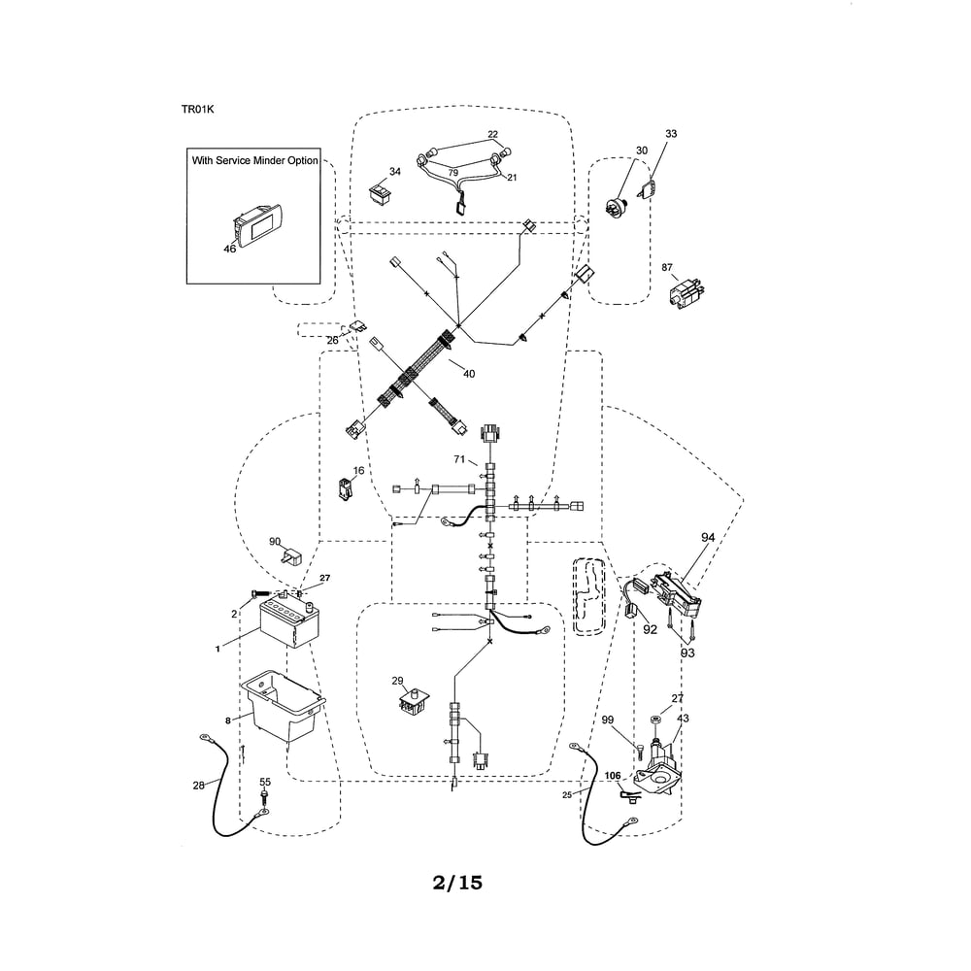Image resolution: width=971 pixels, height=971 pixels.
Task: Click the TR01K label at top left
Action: tap(197, 110)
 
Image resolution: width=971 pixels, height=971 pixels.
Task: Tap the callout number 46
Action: tap(230, 249)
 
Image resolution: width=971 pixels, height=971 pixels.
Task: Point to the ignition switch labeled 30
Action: tap(618, 204)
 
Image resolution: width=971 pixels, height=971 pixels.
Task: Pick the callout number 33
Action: tap(671, 134)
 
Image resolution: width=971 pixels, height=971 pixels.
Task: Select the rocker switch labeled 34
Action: tap(380, 192)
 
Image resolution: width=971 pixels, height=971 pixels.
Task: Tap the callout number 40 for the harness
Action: tap(469, 374)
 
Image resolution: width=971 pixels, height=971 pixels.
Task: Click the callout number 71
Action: tap(459, 459)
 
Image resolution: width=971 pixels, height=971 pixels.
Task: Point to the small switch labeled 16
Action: tap(345, 489)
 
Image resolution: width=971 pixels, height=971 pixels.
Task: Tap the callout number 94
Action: tap(708, 538)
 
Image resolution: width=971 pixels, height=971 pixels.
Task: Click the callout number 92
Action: tap(650, 629)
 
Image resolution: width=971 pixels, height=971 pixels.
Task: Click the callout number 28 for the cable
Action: tap(198, 786)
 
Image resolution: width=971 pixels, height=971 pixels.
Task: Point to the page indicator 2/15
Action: tap(457, 883)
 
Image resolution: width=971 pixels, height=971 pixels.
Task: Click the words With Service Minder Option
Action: tap(254, 160)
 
